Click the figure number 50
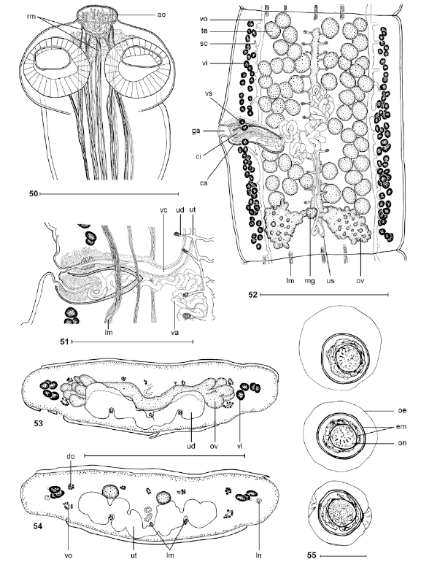pyautogui.click(x=34, y=194)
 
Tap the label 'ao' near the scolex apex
pyautogui.click(x=162, y=15)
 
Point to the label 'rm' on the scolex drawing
pyautogui.click(x=31, y=17)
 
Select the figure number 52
pyautogui.click(x=253, y=295)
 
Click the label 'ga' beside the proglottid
pyautogui.click(x=196, y=131)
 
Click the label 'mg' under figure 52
pyautogui.click(x=309, y=281)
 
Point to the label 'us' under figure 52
pyautogui.click(x=330, y=281)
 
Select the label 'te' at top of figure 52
pyautogui.click(x=204, y=31)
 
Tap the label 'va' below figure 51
pyautogui.click(x=175, y=332)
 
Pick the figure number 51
pyautogui.click(x=64, y=342)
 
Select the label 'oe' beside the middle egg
pyautogui.click(x=402, y=410)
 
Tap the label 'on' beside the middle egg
pyautogui.click(x=402, y=443)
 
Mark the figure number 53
pyautogui.click(x=39, y=423)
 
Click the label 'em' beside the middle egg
pyautogui.click(x=401, y=426)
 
